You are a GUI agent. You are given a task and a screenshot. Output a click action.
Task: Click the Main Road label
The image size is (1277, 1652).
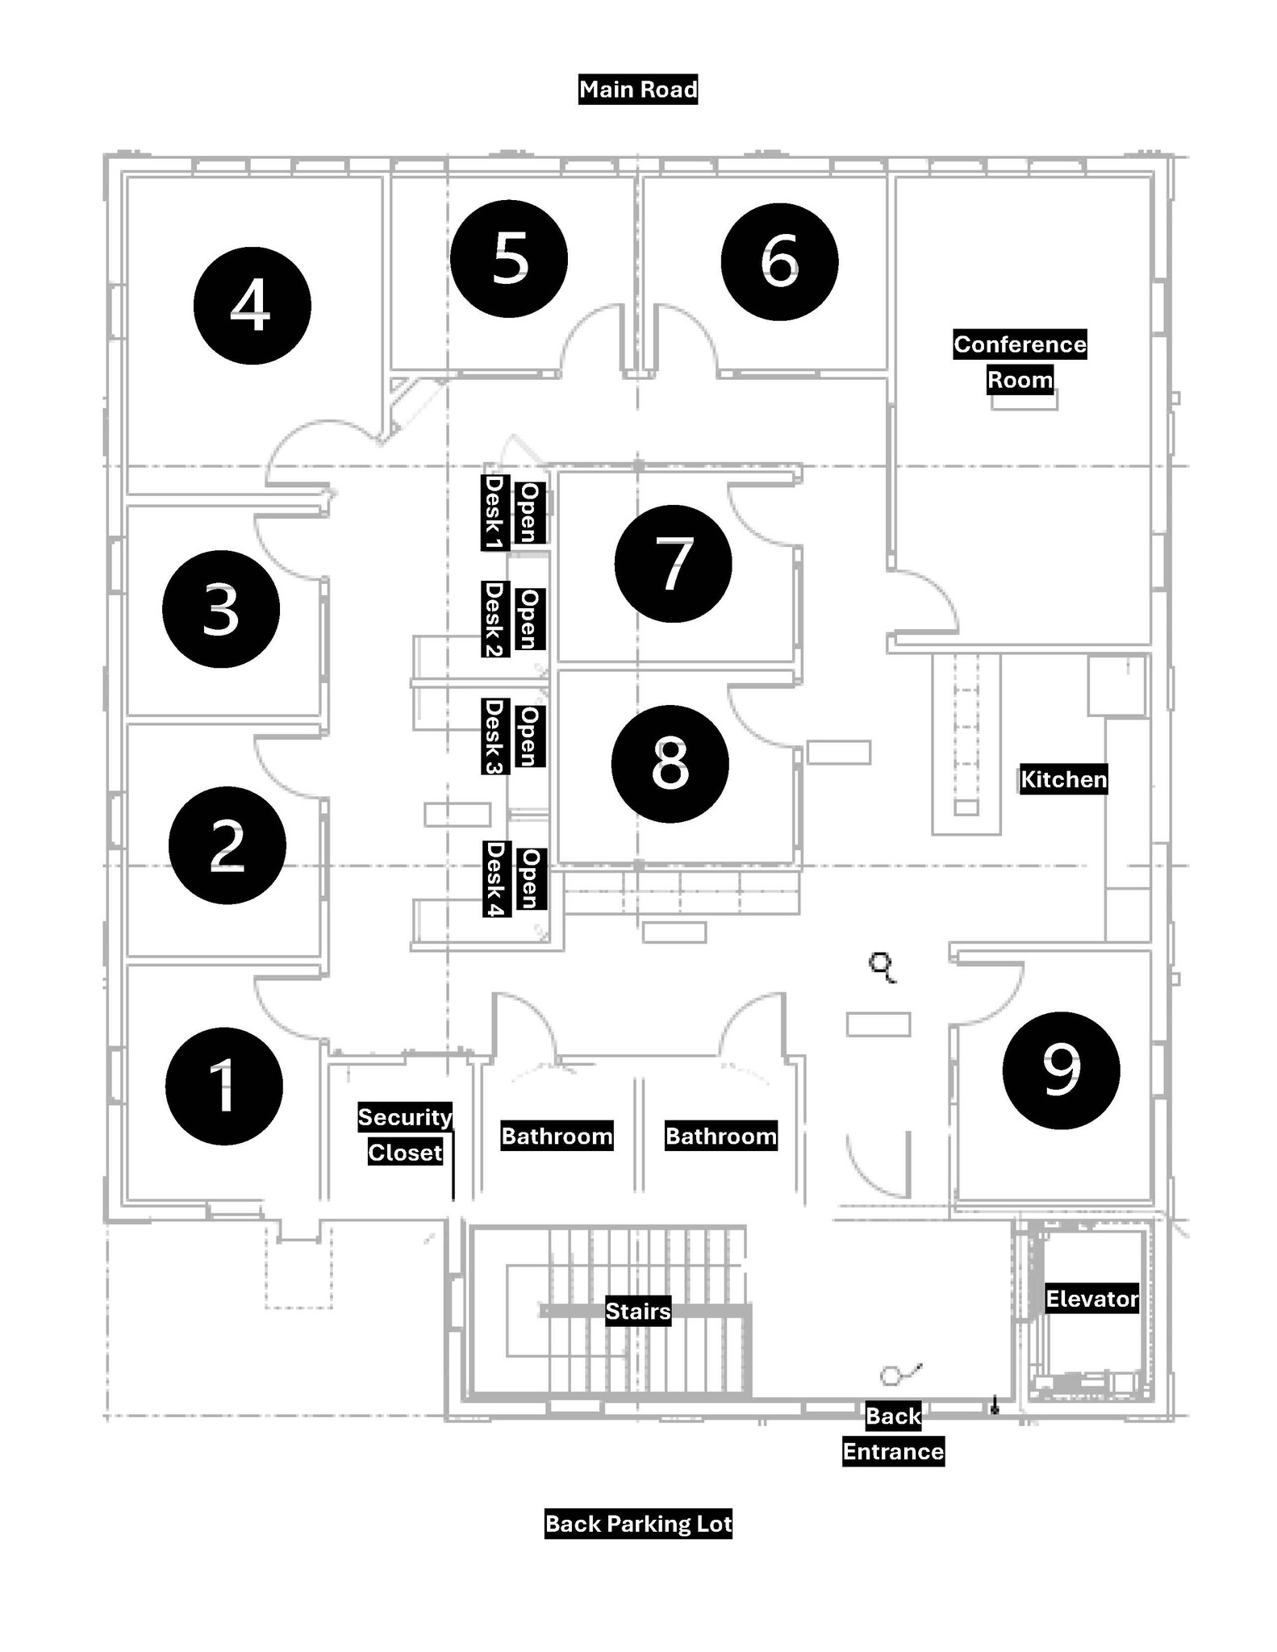(637, 89)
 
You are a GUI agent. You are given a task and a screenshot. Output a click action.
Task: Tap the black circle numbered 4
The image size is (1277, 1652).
(252, 306)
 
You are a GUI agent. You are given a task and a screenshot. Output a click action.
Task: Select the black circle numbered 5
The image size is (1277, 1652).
(508, 259)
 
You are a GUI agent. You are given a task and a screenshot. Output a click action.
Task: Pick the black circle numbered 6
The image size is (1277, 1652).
(779, 261)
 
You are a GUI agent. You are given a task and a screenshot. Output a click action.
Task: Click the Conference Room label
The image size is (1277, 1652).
(1020, 361)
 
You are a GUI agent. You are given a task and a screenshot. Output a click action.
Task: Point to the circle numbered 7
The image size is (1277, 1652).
(673, 564)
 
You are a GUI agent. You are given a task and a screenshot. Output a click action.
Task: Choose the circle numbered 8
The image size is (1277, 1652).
(670, 764)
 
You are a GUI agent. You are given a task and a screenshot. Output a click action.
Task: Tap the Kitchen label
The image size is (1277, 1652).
(1063, 779)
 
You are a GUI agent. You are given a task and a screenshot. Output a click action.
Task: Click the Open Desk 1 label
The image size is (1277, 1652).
(510, 513)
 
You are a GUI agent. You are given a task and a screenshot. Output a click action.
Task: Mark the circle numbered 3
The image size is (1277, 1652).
(221, 609)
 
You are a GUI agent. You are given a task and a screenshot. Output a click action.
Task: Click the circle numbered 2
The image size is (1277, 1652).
(227, 845)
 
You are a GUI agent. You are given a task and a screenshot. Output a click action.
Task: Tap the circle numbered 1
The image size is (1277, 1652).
(223, 1086)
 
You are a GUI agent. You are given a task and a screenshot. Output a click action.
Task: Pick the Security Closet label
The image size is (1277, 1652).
(405, 1135)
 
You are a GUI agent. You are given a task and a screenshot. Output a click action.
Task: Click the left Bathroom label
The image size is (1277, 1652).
(557, 1136)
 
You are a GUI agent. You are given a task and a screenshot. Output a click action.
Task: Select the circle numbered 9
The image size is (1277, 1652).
(1061, 1070)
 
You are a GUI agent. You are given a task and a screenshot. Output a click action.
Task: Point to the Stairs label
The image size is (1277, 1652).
(637, 1312)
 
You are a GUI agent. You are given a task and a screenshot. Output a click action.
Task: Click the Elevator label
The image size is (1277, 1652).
(1091, 1299)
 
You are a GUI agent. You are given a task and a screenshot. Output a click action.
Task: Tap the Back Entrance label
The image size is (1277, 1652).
(893, 1433)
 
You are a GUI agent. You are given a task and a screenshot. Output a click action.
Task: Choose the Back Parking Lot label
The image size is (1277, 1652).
(637, 1524)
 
